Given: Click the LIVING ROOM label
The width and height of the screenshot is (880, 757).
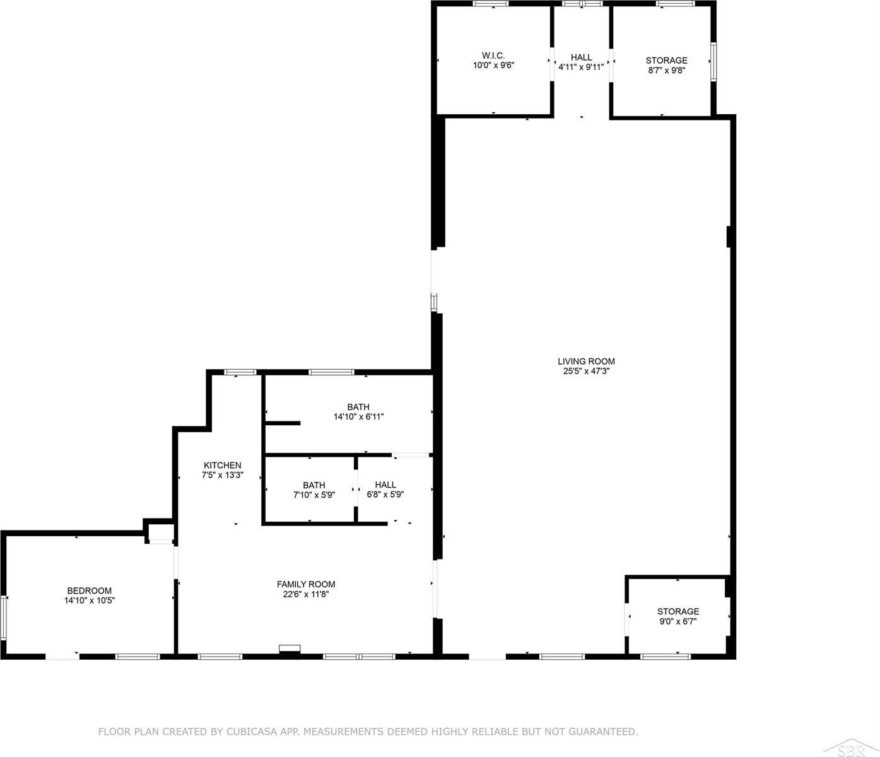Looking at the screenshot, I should [x=585, y=361].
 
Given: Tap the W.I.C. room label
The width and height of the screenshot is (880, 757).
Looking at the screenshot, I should [x=493, y=56].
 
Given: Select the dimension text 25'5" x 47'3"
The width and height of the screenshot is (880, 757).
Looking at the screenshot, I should [x=585, y=372].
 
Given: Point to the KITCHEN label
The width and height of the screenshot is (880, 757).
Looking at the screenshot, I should [x=222, y=466].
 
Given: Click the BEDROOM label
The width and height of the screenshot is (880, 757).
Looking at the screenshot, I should [x=90, y=591].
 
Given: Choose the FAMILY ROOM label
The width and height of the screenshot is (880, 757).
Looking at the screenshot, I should [x=306, y=584].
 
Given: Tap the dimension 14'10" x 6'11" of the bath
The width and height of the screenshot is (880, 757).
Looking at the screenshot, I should [x=358, y=417].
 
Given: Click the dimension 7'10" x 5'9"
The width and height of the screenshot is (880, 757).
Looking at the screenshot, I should [x=314, y=495].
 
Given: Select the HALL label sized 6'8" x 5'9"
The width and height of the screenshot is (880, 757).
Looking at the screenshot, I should [x=385, y=485].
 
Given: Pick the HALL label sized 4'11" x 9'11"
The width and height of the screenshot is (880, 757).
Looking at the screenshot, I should [x=581, y=57].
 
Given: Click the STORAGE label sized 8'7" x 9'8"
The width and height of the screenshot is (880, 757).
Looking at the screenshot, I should [x=666, y=61].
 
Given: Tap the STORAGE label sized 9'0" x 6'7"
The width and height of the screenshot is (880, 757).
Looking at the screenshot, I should [x=678, y=611].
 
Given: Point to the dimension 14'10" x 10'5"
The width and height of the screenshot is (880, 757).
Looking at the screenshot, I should [x=90, y=601].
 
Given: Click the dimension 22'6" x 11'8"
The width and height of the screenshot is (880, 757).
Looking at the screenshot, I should [x=306, y=594].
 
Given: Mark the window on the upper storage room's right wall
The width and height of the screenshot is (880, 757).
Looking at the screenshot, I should [x=713, y=61].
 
